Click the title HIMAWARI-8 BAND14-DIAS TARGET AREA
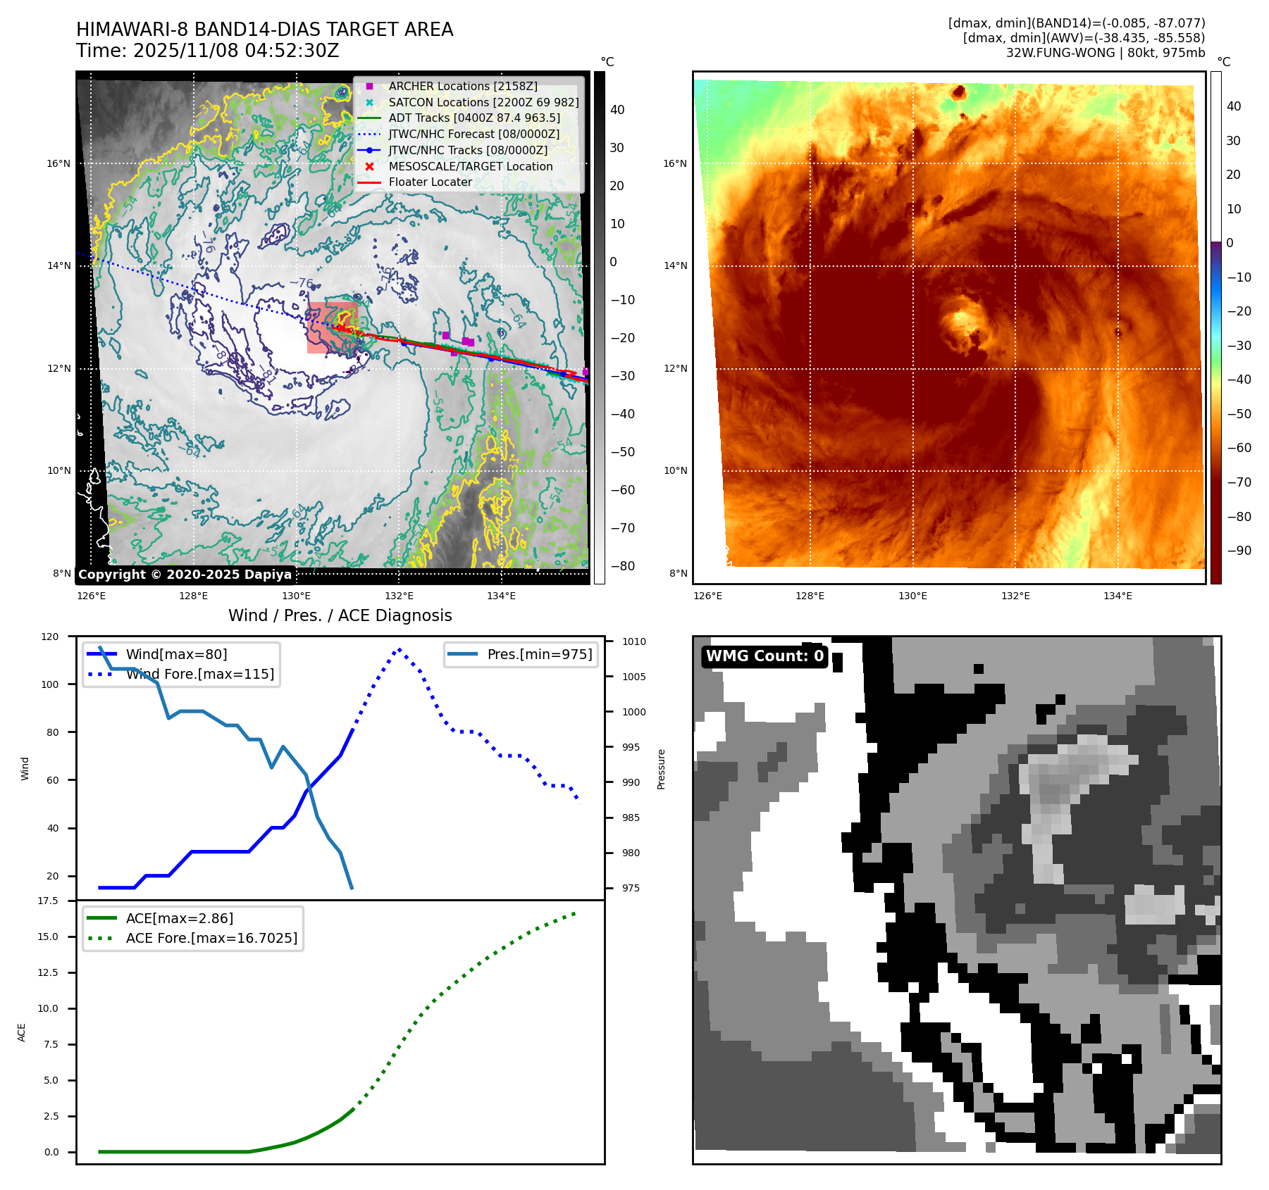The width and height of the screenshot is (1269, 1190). pyautogui.click(x=264, y=30)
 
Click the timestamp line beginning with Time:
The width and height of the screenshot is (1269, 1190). pyautogui.click(x=208, y=51)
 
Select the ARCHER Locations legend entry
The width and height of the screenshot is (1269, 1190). pyautogui.click(x=462, y=86)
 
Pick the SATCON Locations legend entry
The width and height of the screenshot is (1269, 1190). pyautogui.click(x=483, y=102)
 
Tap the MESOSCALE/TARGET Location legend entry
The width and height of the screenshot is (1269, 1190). pyautogui.click(x=470, y=166)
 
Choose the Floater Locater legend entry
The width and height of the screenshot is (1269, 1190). pyautogui.click(x=430, y=182)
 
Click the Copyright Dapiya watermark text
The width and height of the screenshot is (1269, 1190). pyautogui.click(x=185, y=575)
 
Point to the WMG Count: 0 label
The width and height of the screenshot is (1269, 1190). pyautogui.click(x=765, y=656)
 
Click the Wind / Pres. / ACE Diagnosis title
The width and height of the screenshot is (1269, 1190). pyautogui.click(x=340, y=615)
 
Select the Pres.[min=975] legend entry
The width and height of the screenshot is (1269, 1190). pyautogui.click(x=539, y=654)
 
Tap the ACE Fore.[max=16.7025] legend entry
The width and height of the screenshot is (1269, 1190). pyautogui.click(x=211, y=938)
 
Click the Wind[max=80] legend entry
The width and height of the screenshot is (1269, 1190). pyautogui.click(x=176, y=654)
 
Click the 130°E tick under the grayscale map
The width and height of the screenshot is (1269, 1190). pyautogui.click(x=296, y=596)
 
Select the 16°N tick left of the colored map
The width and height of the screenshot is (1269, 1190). pyautogui.click(x=674, y=163)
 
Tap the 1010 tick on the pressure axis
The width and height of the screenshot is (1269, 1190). pyautogui.click(x=633, y=641)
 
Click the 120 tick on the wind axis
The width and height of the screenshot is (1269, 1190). pyautogui.click(x=50, y=637)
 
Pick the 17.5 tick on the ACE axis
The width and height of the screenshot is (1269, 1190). pyautogui.click(x=48, y=901)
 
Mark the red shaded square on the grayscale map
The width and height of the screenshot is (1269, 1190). pyautogui.click(x=331, y=327)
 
